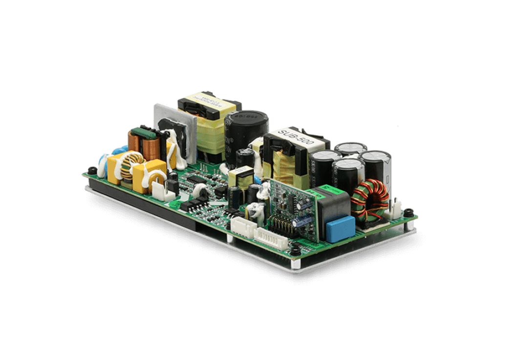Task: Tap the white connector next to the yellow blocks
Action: (x=158, y=188)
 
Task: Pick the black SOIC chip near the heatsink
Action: (x=195, y=181)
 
